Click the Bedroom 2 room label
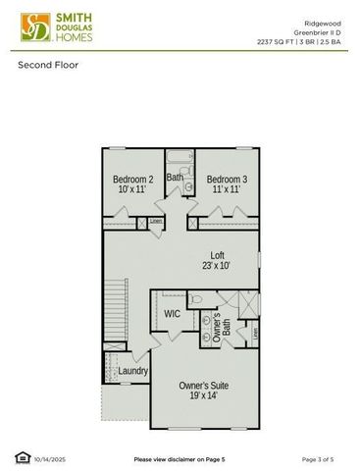coord(132,180)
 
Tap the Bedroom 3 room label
coord(226,180)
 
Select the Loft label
coord(217,255)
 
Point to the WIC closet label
coord(172,314)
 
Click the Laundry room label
coord(132,371)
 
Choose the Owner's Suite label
coord(204,386)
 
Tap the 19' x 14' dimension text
coord(204,397)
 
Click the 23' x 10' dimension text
coord(217,267)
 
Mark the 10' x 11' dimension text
coord(132,190)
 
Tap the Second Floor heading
coord(48,66)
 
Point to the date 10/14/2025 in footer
coord(50,458)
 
